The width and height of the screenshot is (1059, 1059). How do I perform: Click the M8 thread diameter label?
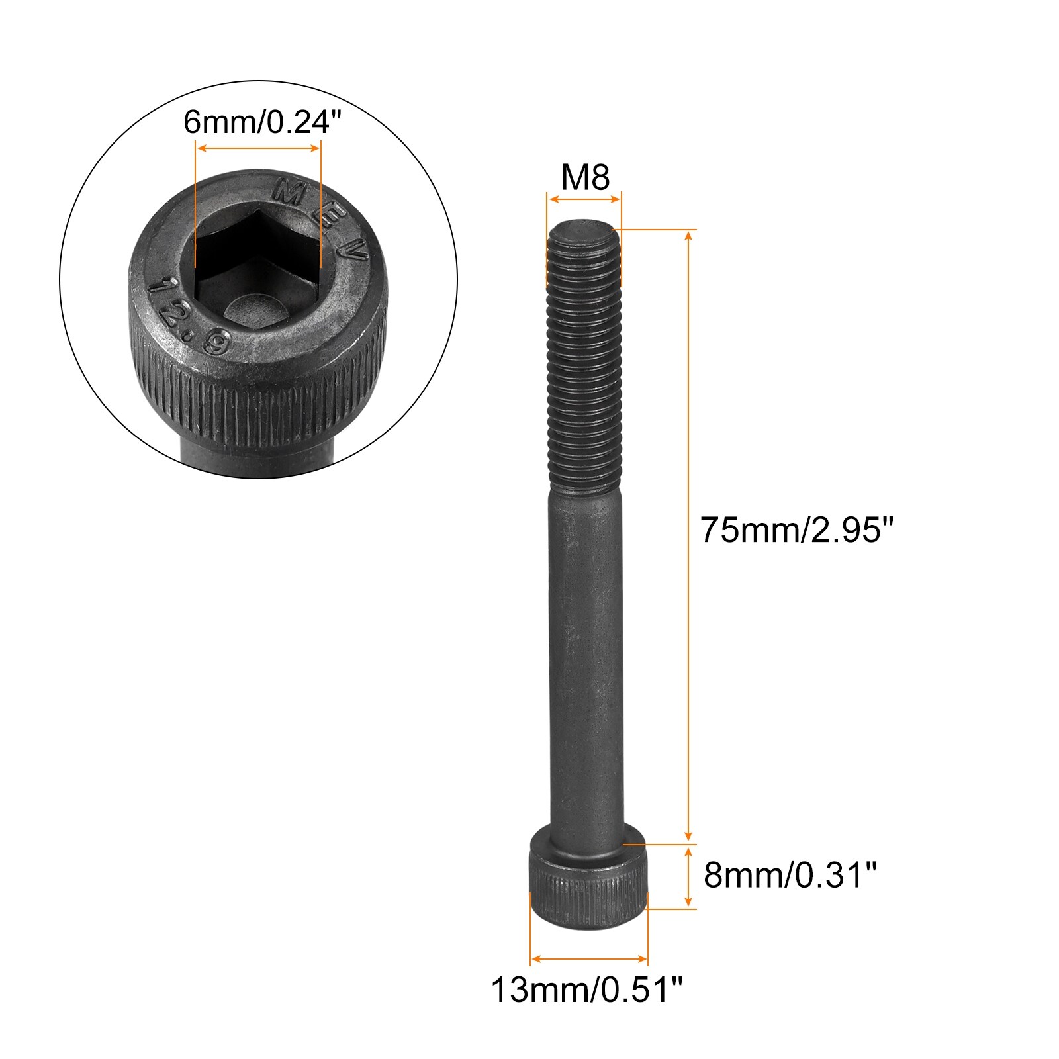pos(585,177)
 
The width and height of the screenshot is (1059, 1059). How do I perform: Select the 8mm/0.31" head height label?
pos(790,875)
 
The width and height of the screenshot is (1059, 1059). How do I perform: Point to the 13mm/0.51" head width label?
pos(586,990)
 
